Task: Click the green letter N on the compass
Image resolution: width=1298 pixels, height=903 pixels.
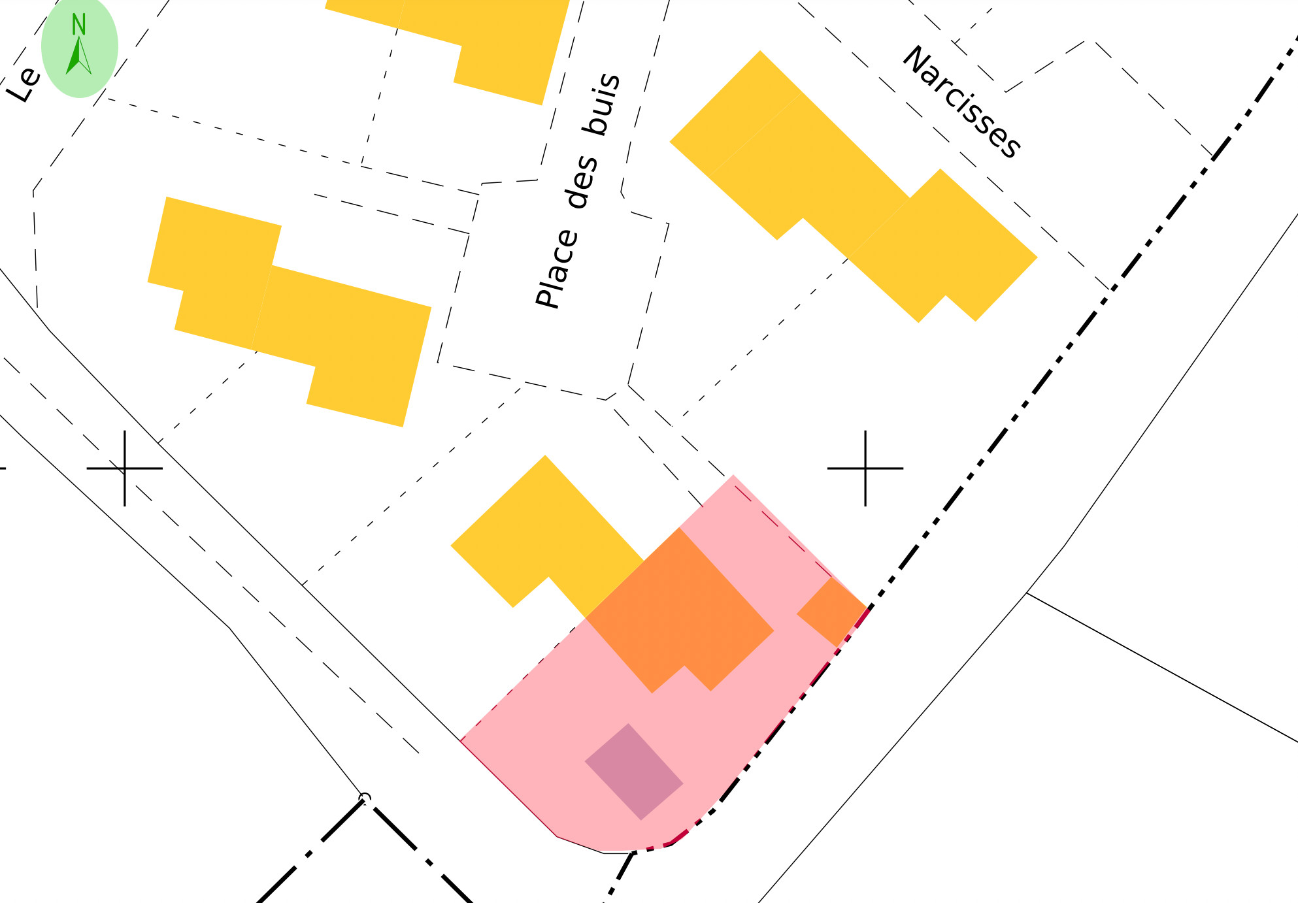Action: (x=78, y=25)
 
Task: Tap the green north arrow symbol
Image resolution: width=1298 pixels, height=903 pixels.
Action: (x=78, y=57)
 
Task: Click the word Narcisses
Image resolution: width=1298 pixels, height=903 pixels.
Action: (x=961, y=102)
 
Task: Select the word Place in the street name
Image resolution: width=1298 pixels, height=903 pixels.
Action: (x=557, y=269)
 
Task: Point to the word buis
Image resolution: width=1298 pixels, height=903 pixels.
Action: (x=602, y=104)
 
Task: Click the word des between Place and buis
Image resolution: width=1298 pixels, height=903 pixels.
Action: (x=581, y=182)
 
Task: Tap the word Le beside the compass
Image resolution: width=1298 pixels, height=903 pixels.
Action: (x=24, y=84)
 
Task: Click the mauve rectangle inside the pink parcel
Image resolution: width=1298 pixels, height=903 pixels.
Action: (x=633, y=771)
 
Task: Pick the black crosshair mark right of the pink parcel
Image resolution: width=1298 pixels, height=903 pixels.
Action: (x=865, y=468)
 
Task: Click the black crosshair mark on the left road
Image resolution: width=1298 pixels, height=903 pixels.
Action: (x=124, y=468)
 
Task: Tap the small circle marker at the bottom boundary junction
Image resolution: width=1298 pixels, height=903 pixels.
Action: (x=365, y=798)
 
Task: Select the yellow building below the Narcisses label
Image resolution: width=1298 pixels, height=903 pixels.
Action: (x=850, y=189)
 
